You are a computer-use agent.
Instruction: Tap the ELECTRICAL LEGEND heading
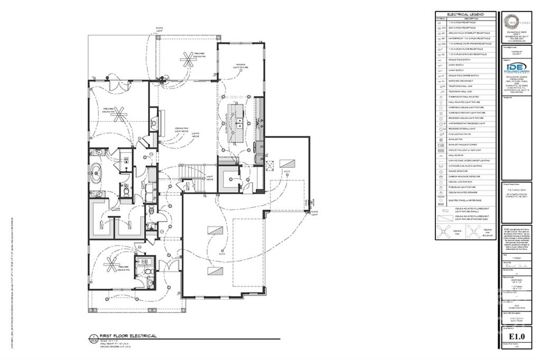[465, 14]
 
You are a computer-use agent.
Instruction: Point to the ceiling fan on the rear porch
[186, 59]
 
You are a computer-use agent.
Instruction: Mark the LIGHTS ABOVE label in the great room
[195, 135]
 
